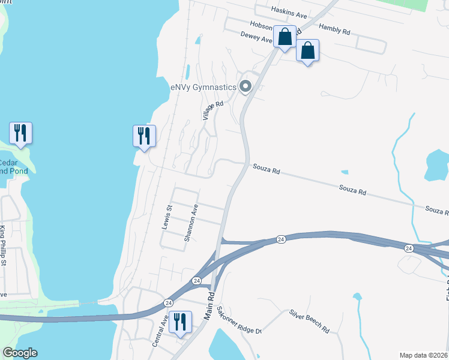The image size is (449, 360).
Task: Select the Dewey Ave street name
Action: click(257, 37)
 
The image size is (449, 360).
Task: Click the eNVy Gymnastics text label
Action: click(203, 87)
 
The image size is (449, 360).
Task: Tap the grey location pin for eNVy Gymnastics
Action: click(245, 87)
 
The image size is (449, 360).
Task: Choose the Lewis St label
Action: click(167, 217)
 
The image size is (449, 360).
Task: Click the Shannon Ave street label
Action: click(191, 223)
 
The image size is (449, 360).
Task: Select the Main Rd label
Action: click(211, 306)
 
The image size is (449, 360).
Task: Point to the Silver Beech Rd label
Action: click(309, 322)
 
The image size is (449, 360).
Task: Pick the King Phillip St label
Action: click(3, 246)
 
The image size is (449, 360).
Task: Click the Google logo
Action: click(20, 353)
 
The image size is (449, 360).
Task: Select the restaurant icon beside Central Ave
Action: click(179, 322)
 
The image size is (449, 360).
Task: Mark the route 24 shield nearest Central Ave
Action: click(168, 302)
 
